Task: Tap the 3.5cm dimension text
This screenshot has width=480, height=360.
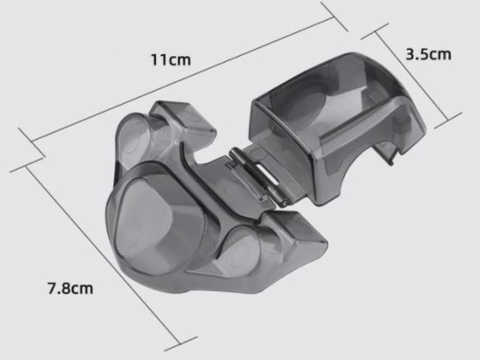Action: tap(428, 54)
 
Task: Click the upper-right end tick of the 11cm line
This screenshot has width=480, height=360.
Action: tap(334, 17)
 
